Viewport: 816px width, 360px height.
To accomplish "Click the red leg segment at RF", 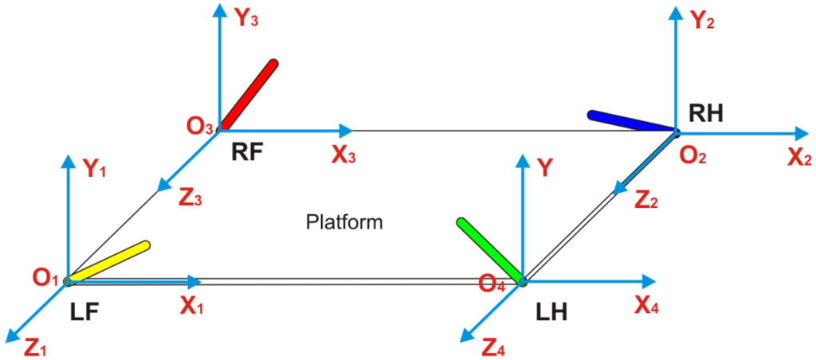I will coord(249,94).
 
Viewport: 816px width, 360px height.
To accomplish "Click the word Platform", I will coord(345,222).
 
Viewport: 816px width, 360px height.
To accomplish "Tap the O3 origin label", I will coord(199,126).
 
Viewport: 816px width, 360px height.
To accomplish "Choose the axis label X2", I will coord(799,158).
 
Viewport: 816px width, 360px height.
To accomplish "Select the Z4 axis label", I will coord(491,346).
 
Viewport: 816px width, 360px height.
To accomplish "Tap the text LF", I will coord(83,312).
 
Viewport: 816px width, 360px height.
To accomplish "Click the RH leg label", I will coord(706,114).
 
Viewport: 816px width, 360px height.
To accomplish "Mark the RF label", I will coord(247,152).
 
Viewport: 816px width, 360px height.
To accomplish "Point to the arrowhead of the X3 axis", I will coord(345,130).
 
